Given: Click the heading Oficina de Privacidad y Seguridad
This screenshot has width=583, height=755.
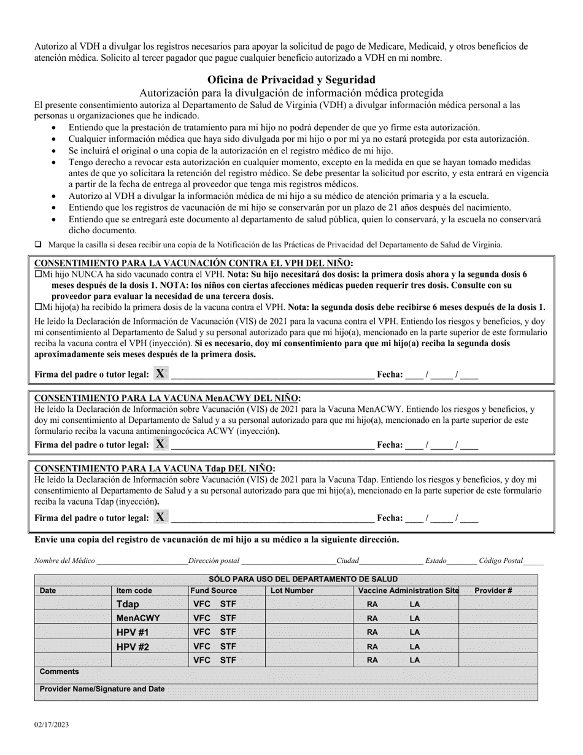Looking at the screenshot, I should point(291,80).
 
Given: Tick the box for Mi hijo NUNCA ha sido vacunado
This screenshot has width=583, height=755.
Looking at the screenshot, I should point(38,275).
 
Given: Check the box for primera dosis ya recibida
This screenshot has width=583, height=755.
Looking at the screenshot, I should point(38,306).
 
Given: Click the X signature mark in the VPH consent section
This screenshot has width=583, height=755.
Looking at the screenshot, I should point(160,373).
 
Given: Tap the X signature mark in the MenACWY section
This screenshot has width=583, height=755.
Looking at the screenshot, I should point(160,444).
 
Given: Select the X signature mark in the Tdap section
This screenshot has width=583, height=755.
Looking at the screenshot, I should point(160,517).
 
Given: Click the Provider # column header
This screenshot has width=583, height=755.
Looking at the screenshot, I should point(493,590).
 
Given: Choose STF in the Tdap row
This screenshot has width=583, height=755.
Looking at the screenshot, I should point(228,604).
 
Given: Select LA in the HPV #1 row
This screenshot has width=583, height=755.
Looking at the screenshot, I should point(415,632).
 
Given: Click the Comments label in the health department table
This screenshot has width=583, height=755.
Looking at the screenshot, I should point(60,672).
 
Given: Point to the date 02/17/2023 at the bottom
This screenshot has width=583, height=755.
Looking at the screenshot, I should point(52,725).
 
